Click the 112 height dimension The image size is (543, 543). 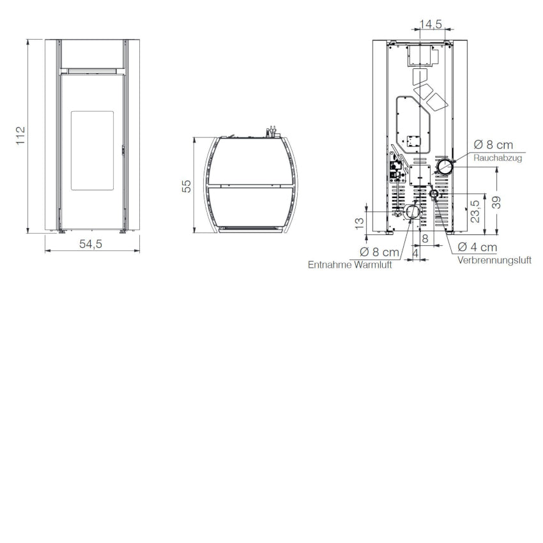click(21, 135)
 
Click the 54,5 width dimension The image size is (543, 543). click(91, 244)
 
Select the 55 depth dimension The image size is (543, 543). click(187, 186)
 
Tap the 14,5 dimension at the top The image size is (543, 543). click(431, 24)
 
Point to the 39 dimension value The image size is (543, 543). click(496, 203)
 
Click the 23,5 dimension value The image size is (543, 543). click(475, 211)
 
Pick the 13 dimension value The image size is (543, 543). click(360, 222)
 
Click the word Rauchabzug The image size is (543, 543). click(498, 158)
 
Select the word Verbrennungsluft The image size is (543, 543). click(494, 260)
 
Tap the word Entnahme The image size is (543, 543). click(330, 265)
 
